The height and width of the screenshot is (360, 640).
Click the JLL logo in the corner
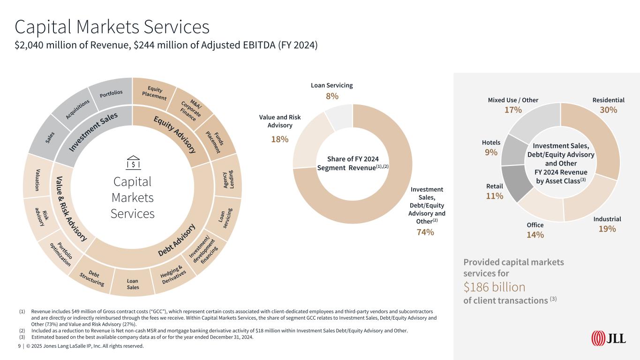(609, 337)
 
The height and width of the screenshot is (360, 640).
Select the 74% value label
(426, 232)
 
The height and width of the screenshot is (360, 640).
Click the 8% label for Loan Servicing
(332, 96)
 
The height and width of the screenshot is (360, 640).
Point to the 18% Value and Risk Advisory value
(280, 139)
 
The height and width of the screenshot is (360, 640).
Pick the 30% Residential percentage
(608, 110)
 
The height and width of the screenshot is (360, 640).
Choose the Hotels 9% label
(491, 152)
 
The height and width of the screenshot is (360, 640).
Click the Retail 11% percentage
(495, 196)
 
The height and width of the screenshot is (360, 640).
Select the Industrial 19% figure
(607, 229)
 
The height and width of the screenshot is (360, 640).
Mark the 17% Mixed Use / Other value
(513, 110)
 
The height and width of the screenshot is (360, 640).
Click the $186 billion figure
(494, 286)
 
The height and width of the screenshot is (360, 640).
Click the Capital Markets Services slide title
(112, 27)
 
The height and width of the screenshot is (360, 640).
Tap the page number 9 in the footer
(19, 346)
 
